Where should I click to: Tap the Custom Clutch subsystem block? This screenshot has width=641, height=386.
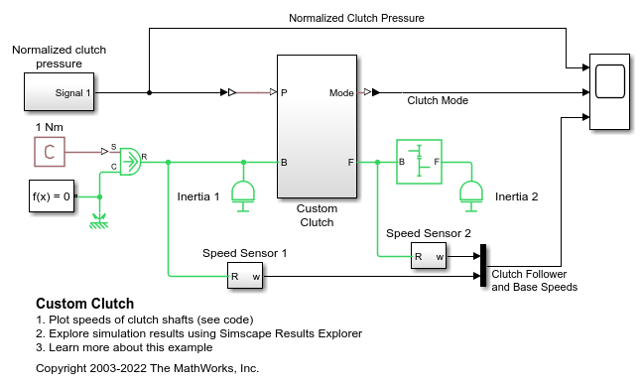316,127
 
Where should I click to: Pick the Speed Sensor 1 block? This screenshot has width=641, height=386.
244,276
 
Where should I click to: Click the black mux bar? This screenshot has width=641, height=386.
483,266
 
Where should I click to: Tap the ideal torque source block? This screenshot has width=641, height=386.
129,162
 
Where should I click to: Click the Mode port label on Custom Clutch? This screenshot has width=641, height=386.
341,93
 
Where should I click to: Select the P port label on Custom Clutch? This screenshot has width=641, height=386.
285,93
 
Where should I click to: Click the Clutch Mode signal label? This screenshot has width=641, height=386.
438,100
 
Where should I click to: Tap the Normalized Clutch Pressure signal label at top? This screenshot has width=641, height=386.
356,18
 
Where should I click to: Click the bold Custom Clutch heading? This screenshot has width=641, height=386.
84,304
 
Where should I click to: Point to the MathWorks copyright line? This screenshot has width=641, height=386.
147,368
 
